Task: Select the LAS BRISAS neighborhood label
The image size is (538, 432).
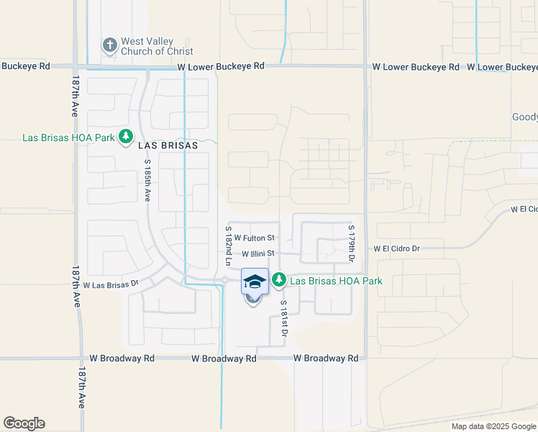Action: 168,144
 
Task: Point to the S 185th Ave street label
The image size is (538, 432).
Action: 147,186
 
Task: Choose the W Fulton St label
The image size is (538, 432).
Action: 255,238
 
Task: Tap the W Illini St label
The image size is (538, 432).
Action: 258,253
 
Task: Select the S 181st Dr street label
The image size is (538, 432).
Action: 283,319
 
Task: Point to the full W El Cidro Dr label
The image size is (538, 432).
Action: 396,248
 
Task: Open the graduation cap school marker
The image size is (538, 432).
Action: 255,282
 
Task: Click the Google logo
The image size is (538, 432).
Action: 24,423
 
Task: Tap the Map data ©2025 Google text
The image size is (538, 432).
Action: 493,426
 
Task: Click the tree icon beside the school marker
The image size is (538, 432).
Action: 279,279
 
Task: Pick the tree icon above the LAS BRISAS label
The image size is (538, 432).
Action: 126,135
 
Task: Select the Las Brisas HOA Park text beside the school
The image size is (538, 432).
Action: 336,281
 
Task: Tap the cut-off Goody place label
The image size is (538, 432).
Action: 524,117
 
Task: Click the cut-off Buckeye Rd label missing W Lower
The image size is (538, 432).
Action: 25,66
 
